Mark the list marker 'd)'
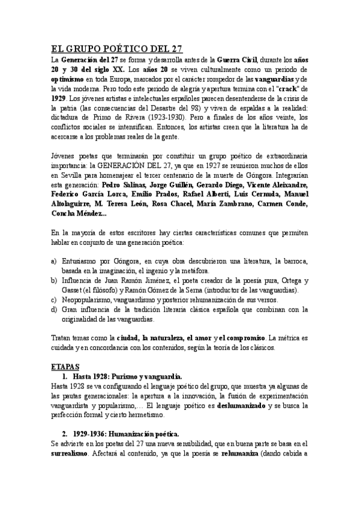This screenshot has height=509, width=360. click(x=54, y=310)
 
